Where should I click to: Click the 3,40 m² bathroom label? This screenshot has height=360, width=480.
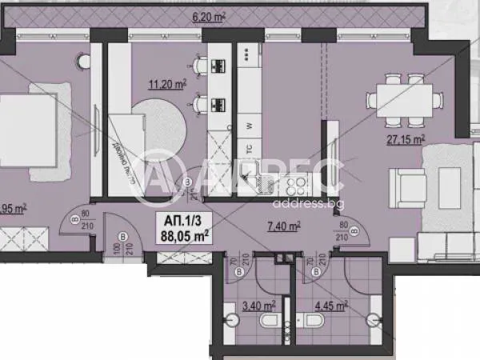(257, 305)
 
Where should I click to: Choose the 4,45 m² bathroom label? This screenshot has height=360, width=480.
(330, 305)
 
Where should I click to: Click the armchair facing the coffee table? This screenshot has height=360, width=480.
(407, 186)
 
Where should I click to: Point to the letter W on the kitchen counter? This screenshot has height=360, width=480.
(250, 126)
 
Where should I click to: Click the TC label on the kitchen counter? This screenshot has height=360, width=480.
(249, 149)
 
